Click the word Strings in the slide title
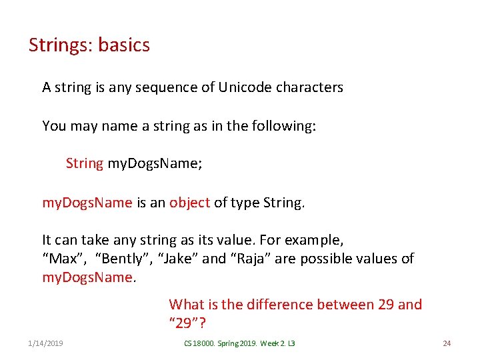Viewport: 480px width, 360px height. click(x=60, y=45)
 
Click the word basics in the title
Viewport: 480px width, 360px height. click(x=124, y=45)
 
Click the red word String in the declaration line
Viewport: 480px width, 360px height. click(x=85, y=163)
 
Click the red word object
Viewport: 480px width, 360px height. click(x=189, y=203)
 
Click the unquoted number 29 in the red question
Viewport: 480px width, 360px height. click(x=386, y=305)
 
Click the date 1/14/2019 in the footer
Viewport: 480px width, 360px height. click(x=46, y=343)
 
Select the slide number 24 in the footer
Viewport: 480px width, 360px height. click(x=447, y=343)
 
